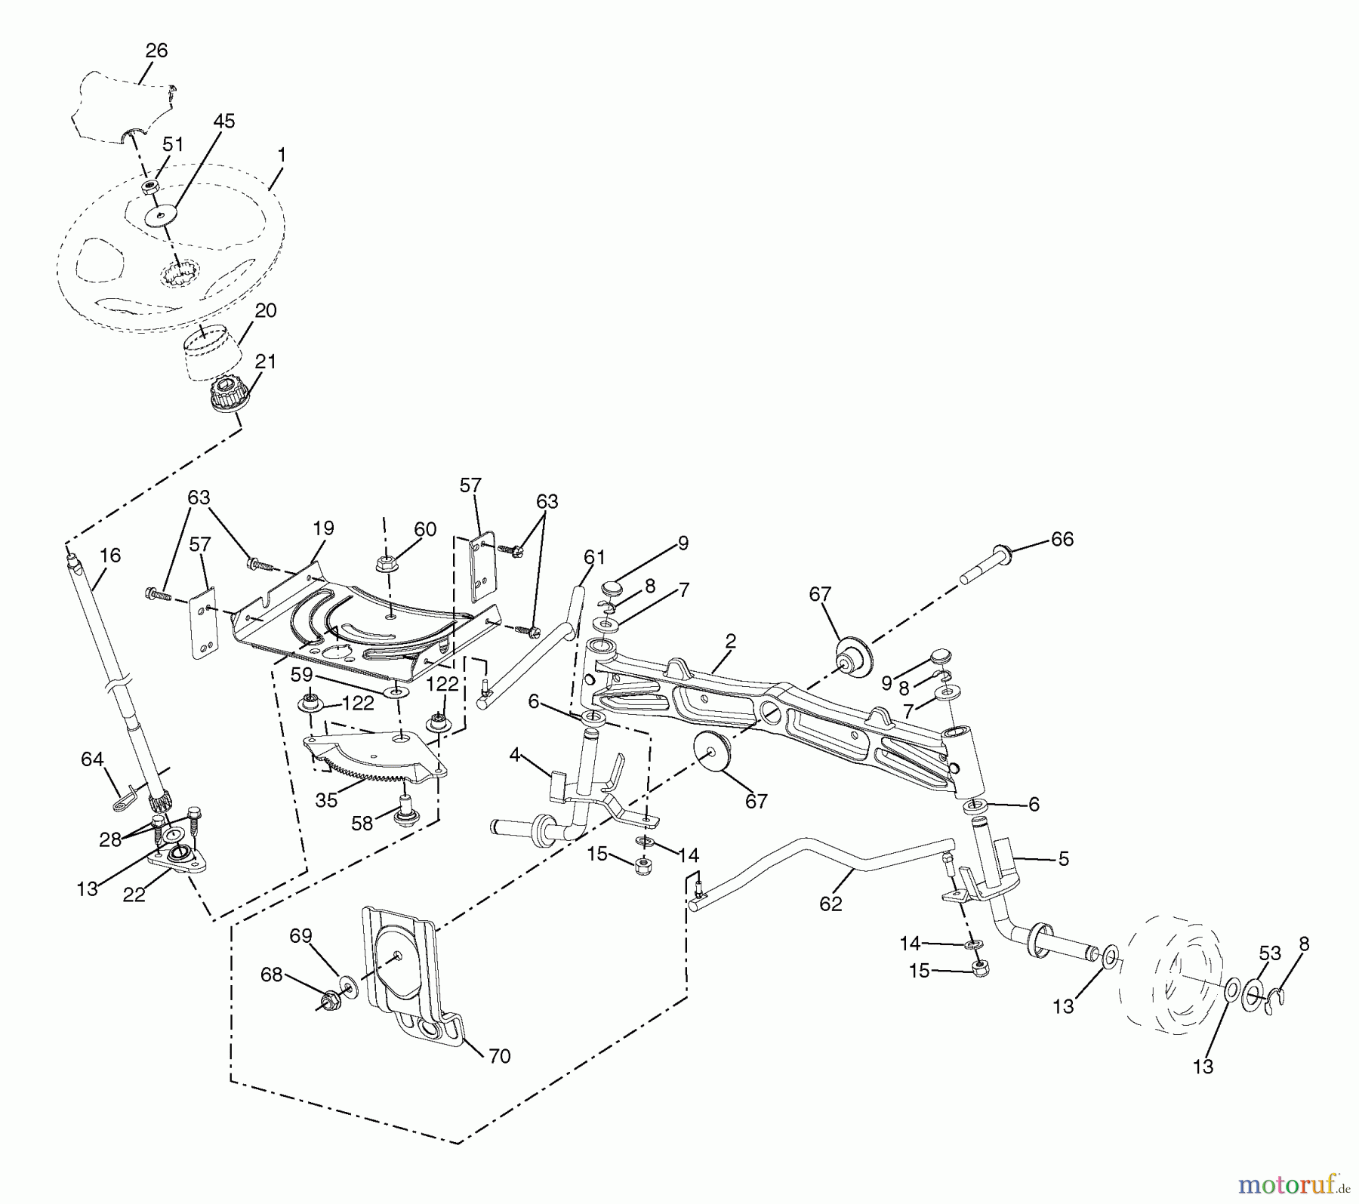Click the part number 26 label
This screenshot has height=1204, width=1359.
[x=156, y=51]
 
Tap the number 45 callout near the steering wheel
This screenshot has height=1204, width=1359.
[x=224, y=121]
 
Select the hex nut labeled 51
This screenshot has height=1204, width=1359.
[x=151, y=186]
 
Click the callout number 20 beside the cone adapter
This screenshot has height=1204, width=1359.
[x=266, y=310]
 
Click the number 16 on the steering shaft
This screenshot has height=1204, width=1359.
[x=110, y=556]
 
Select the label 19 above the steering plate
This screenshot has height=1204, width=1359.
[x=323, y=528]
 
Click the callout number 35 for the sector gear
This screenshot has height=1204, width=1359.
[x=326, y=800]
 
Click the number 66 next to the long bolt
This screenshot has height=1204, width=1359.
[x=1062, y=539]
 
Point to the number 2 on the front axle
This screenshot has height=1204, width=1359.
[x=730, y=642]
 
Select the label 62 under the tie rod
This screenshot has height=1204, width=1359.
[x=830, y=904]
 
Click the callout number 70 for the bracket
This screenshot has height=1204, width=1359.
[x=500, y=1055]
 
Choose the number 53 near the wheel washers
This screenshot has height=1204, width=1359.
[x=1270, y=953]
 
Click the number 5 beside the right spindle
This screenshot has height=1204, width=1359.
[x=1063, y=859]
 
